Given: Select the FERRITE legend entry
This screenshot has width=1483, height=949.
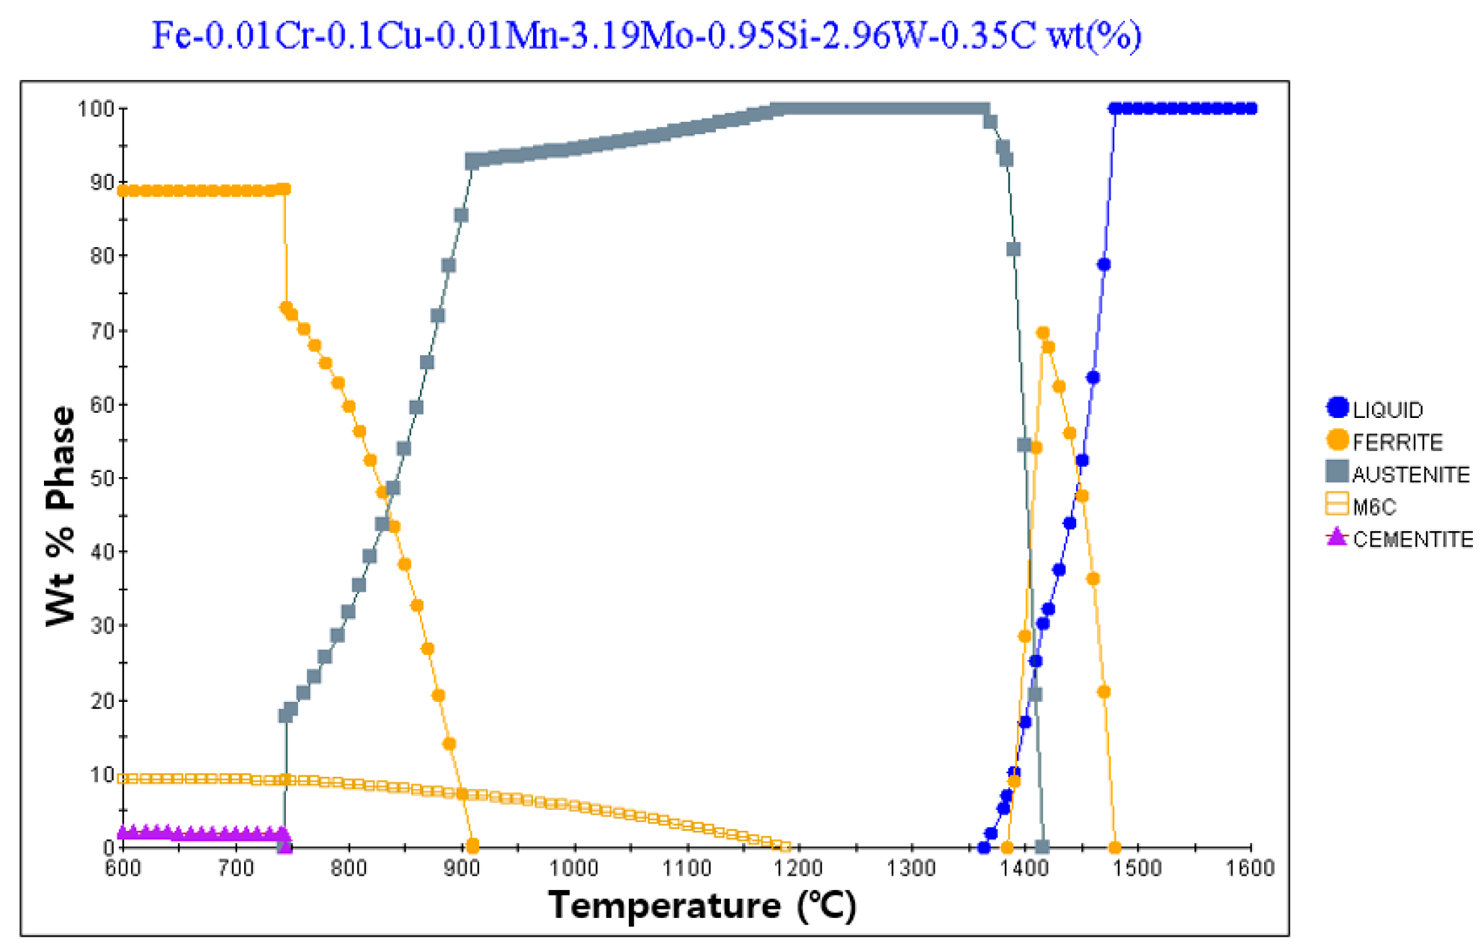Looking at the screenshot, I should click(1384, 441).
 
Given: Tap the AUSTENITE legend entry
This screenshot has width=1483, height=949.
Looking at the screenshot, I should click(1397, 473).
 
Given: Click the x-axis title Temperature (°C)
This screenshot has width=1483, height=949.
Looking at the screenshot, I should click(702, 905).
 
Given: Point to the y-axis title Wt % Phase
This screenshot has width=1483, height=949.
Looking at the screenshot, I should click(61, 515).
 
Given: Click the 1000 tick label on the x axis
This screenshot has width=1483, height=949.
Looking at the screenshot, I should click(574, 868).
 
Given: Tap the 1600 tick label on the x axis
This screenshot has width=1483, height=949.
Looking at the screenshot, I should click(1250, 868).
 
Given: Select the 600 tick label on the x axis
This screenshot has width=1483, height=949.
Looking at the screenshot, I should click(123, 868).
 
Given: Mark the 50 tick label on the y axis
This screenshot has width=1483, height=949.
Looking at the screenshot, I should click(102, 478).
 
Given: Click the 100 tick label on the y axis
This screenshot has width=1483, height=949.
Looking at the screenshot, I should click(96, 109).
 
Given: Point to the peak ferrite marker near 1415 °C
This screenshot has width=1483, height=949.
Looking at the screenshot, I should click(1042, 333).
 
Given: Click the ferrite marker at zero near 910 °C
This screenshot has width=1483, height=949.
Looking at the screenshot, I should click(472, 845).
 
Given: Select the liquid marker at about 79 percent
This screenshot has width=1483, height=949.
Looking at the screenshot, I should click(1103, 265).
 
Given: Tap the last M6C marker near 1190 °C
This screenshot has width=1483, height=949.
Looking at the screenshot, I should click(785, 847).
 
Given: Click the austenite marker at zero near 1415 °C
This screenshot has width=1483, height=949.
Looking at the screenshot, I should click(1041, 846).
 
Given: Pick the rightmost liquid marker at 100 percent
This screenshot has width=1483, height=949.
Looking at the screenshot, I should click(1251, 109).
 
